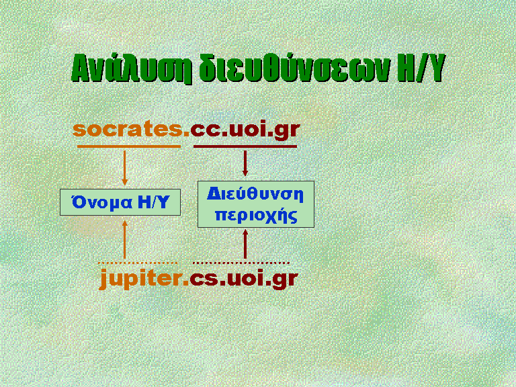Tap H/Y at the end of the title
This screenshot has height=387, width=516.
coord(421,68)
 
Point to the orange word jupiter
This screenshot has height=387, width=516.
coord(144,279)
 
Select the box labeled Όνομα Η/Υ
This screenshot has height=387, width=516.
coord(120,202)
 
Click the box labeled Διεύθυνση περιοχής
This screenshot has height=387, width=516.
coord(256,204)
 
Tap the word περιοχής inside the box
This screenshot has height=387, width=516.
coord(256,216)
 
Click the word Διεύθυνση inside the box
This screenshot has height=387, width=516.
coord(255,193)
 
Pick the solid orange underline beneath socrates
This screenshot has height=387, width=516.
coord(129,146)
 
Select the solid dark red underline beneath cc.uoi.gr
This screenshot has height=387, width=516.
coord(245,146)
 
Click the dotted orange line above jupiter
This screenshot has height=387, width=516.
coord(138,263)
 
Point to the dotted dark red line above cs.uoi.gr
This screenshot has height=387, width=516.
coord(241,263)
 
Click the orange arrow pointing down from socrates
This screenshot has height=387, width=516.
coord(124,168)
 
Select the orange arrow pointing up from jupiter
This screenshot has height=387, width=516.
coord(124,240)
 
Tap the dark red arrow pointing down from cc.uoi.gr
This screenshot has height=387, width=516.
coord(245,163)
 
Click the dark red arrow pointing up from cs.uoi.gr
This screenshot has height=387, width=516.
coord(245,244)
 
